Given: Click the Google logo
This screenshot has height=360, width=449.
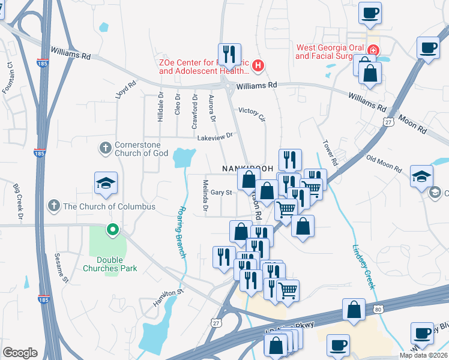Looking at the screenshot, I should tap(20, 353).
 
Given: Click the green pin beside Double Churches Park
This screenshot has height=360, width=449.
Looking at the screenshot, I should tap(112, 229).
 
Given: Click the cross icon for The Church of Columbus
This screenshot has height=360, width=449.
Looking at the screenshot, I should tap(55, 206).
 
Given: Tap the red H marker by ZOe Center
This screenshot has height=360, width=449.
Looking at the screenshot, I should tap(258, 65).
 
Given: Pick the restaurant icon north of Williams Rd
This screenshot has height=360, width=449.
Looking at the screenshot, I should tap(229, 54).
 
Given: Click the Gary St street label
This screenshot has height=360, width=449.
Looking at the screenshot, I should tap(221, 193).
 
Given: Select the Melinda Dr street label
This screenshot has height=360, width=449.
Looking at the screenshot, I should tap(205, 196).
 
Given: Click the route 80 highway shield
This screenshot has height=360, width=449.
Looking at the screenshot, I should tap(377, 309).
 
